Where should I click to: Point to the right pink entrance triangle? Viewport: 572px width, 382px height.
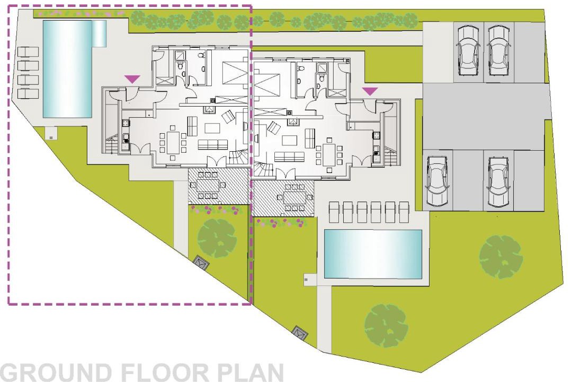370,91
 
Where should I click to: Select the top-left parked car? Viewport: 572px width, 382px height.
468,50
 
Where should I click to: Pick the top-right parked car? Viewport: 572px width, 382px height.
499,50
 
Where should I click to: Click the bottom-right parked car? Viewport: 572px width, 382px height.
498,183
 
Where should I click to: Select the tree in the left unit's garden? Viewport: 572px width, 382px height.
217,238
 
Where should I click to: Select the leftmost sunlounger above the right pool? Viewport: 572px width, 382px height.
334,212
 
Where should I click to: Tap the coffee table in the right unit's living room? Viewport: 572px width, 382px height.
290,141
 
